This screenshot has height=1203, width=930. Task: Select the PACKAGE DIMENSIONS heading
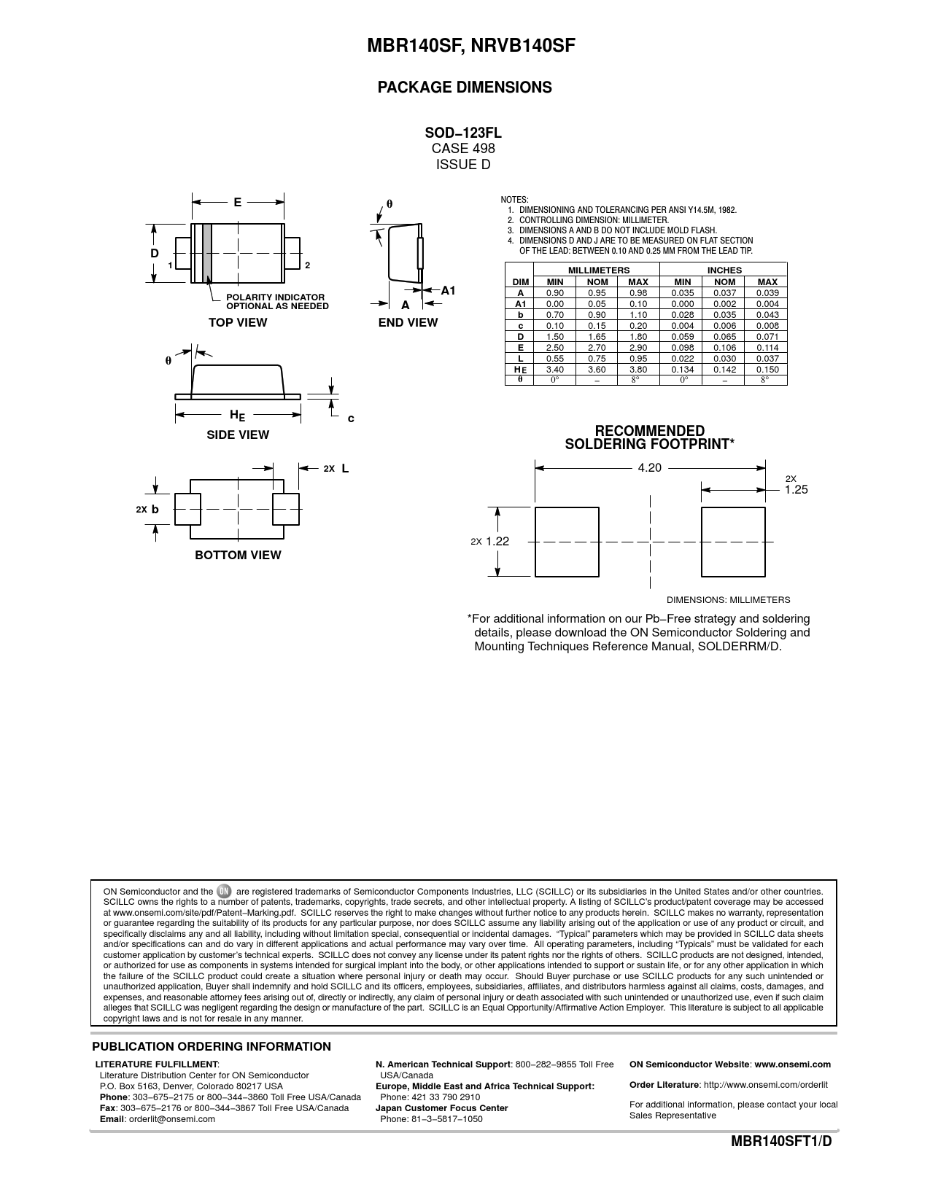pyautogui.click(x=465, y=87)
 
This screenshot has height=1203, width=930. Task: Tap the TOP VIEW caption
pyautogui.click(x=238, y=322)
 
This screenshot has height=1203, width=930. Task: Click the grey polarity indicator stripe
pyautogui.click(x=207, y=252)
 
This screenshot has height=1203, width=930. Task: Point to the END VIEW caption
pyautogui.click(x=408, y=322)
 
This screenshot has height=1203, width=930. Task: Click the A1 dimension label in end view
pyautogui.click(x=448, y=290)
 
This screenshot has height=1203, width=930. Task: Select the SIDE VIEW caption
pyautogui.click(x=238, y=435)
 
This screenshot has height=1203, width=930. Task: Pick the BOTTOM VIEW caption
pyautogui.click(x=238, y=555)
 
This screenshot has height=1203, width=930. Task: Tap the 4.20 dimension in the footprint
pyautogui.click(x=649, y=467)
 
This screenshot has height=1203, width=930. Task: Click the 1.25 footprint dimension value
pyautogui.click(x=797, y=490)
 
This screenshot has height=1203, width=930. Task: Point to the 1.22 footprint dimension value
pyautogui.click(x=497, y=541)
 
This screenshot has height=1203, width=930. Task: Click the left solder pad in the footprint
pyautogui.click(x=567, y=542)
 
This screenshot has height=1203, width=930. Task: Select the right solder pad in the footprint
pyautogui.click(x=733, y=542)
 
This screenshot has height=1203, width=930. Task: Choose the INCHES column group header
pyautogui.click(x=724, y=270)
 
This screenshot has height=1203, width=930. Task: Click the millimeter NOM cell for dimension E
pyautogui.click(x=597, y=348)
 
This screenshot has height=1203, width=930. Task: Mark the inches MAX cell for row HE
pyautogui.click(x=767, y=370)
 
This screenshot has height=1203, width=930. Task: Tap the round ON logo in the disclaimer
pyautogui.click(x=224, y=891)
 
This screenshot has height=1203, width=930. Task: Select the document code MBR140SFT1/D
pyautogui.click(x=781, y=1142)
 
